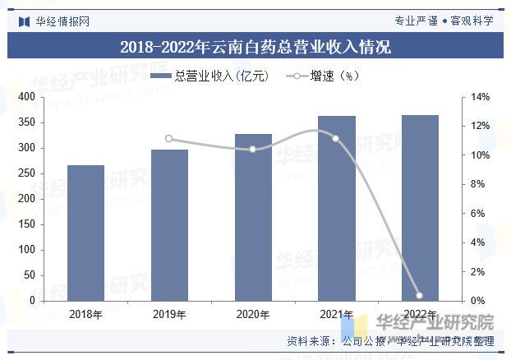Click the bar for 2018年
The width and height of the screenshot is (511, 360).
click(x=85, y=233)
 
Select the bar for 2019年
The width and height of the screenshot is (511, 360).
click(x=169, y=225)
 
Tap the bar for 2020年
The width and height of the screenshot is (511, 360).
click(x=253, y=218)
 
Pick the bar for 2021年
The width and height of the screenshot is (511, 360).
click(x=336, y=209)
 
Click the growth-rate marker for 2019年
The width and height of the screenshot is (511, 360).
click(x=169, y=139)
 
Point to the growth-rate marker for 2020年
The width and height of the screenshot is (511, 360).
click(x=253, y=150)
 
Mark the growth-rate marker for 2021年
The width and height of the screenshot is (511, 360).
click(x=336, y=138)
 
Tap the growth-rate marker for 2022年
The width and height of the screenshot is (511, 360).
click(x=420, y=295)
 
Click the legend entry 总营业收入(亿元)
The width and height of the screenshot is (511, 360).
click(x=210, y=76)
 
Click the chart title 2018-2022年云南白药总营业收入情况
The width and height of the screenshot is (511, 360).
click(x=255, y=47)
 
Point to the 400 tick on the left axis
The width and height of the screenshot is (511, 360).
click(x=26, y=97)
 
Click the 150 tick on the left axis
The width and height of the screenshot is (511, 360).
click(x=26, y=224)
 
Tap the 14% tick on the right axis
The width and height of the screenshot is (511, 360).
click(x=481, y=97)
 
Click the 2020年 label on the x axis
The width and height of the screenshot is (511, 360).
click(x=253, y=315)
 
